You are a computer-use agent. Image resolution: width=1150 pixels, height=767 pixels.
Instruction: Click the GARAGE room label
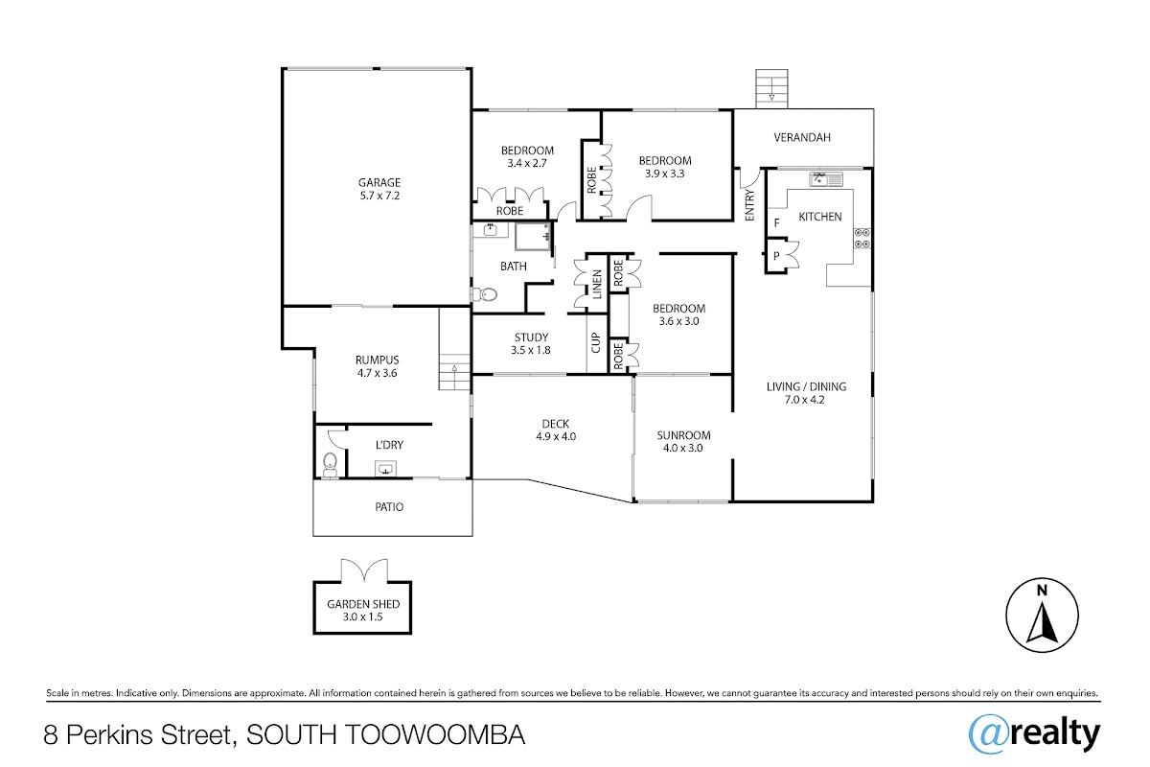(x=379, y=182)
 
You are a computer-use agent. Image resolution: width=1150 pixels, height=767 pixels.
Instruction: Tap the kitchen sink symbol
(x=826, y=179)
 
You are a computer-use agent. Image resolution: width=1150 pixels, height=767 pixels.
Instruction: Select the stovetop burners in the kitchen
(x=862, y=239)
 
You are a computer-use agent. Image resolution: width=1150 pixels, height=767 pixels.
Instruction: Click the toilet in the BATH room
(x=484, y=294)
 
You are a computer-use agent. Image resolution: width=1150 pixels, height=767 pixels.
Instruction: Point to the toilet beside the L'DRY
(x=330, y=464)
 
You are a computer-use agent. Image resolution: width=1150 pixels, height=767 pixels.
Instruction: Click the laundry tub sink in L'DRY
(x=385, y=469)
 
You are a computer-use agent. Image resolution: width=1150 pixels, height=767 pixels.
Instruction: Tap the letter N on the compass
(x=1042, y=591)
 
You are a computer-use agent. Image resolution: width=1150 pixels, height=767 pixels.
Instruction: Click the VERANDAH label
(x=802, y=138)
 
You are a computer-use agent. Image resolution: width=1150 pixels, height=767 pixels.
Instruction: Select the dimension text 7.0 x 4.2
(x=804, y=400)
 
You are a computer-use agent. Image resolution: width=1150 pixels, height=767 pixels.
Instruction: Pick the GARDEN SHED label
(x=363, y=604)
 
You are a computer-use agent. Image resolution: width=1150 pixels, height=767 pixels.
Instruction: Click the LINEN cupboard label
(x=597, y=284)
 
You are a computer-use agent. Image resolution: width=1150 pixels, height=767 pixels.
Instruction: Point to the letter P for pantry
(x=776, y=256)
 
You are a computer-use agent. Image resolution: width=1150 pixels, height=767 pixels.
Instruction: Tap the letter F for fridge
(x=777, y=223)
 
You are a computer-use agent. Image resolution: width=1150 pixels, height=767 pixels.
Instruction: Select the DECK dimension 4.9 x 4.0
(x=556, y=436)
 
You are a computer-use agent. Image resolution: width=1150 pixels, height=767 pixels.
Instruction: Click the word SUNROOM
(x=684, y=435)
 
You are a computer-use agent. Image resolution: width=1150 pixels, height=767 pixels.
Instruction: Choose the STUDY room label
(x=531, y=337)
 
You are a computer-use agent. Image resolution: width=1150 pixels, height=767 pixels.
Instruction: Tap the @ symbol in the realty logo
(x=989, y=734)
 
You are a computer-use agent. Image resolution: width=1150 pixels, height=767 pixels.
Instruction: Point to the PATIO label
(x=389, y=507)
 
